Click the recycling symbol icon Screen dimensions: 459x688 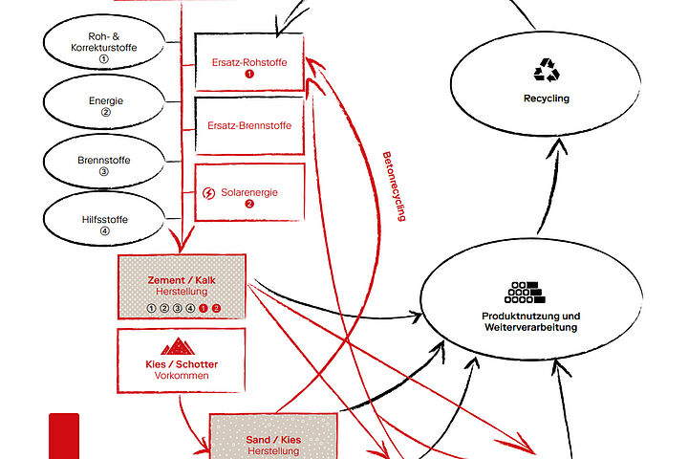tap(547, 70)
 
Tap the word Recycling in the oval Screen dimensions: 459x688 tap(547, 98)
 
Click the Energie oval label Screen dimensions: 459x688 tap(106, 100)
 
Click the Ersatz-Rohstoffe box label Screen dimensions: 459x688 tap(249, 61)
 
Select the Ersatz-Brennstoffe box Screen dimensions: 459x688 tap(249, 125)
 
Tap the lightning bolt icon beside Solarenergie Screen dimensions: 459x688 tap(209, 192)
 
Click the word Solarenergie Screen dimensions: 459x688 tap(249, 192)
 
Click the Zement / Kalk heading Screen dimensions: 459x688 tap(182, 280)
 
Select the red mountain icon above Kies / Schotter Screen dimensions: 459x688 tap(182, 346)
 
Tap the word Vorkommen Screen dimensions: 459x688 tap(182, 376)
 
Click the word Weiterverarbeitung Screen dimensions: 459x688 tap(531, 328)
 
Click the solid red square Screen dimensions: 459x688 tap(64, 436)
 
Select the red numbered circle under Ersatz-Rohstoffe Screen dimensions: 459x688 tap(249, 74)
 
